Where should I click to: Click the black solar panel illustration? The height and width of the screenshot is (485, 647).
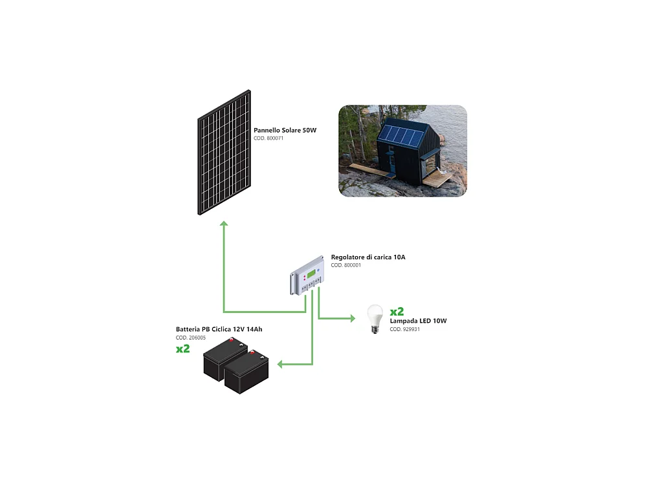point(224,152)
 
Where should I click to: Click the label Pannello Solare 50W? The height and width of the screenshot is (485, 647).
point(285,131)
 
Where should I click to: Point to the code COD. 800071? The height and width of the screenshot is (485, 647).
point(269,138)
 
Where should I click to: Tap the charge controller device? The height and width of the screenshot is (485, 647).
point(307,275)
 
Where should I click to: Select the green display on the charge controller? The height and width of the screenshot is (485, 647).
point(311,274)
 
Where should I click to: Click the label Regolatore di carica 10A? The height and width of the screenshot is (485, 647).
point(368,257)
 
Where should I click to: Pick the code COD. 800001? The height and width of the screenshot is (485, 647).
point(345,265)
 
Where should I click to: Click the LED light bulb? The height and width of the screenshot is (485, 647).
point(375,319)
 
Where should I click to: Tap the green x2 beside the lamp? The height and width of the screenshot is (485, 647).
point(397,312)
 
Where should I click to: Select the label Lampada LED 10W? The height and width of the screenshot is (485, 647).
point(418,321)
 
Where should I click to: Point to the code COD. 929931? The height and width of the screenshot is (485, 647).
point(405,330)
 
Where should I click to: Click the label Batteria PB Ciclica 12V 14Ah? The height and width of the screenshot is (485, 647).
point(219,329)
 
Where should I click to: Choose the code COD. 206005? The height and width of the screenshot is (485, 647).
point(191,338)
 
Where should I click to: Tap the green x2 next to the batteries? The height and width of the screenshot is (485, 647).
point(183,349)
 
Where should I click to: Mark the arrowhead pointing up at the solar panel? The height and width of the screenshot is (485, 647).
point(224,224)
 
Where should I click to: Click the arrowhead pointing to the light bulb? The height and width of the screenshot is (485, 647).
point(353,318)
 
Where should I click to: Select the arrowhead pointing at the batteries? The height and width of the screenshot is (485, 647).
point(280,364)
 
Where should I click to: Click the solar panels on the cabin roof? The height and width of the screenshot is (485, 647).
point(402,135)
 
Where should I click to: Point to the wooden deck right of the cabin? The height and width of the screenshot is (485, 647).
point(437,179)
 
